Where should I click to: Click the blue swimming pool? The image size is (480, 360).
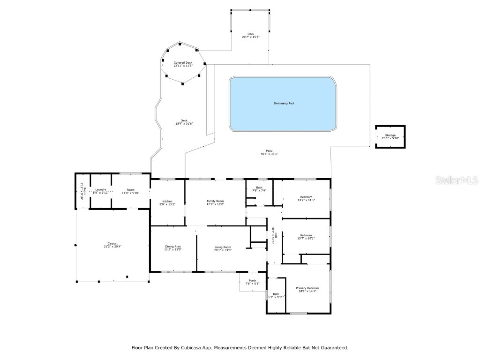(x=283, y=104)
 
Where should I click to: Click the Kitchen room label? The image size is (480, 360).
(x=167, y=202)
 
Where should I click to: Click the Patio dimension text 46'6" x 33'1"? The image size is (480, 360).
(x=269, y=154)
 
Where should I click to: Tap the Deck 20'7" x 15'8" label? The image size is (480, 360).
(x=251, y=35)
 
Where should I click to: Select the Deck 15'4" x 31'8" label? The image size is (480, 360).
(x=184, y=122)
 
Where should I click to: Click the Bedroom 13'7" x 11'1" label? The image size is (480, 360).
(x=306, y=198)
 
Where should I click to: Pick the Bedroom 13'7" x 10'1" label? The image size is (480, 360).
(x=306, y=236)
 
